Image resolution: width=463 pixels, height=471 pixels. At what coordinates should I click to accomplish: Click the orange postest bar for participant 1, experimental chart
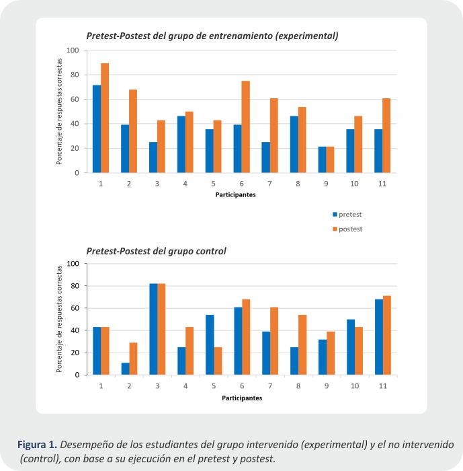105,118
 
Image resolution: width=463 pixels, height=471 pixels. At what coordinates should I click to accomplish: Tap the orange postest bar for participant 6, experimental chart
245,127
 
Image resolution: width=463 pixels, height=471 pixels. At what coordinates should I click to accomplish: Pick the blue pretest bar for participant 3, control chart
154,329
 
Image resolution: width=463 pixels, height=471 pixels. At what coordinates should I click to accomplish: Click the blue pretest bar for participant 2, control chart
126,369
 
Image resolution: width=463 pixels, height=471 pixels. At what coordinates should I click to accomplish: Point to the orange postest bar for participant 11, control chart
387,335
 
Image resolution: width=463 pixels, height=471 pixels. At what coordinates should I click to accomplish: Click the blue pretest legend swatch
335,215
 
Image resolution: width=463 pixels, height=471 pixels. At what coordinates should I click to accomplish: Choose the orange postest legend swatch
335,229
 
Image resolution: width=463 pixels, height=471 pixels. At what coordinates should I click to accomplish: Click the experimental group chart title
212,35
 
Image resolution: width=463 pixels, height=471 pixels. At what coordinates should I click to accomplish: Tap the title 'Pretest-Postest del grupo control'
156,251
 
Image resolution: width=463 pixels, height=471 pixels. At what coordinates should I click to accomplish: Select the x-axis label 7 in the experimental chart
269,183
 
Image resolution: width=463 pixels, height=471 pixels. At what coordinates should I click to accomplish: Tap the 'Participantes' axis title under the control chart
241,398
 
